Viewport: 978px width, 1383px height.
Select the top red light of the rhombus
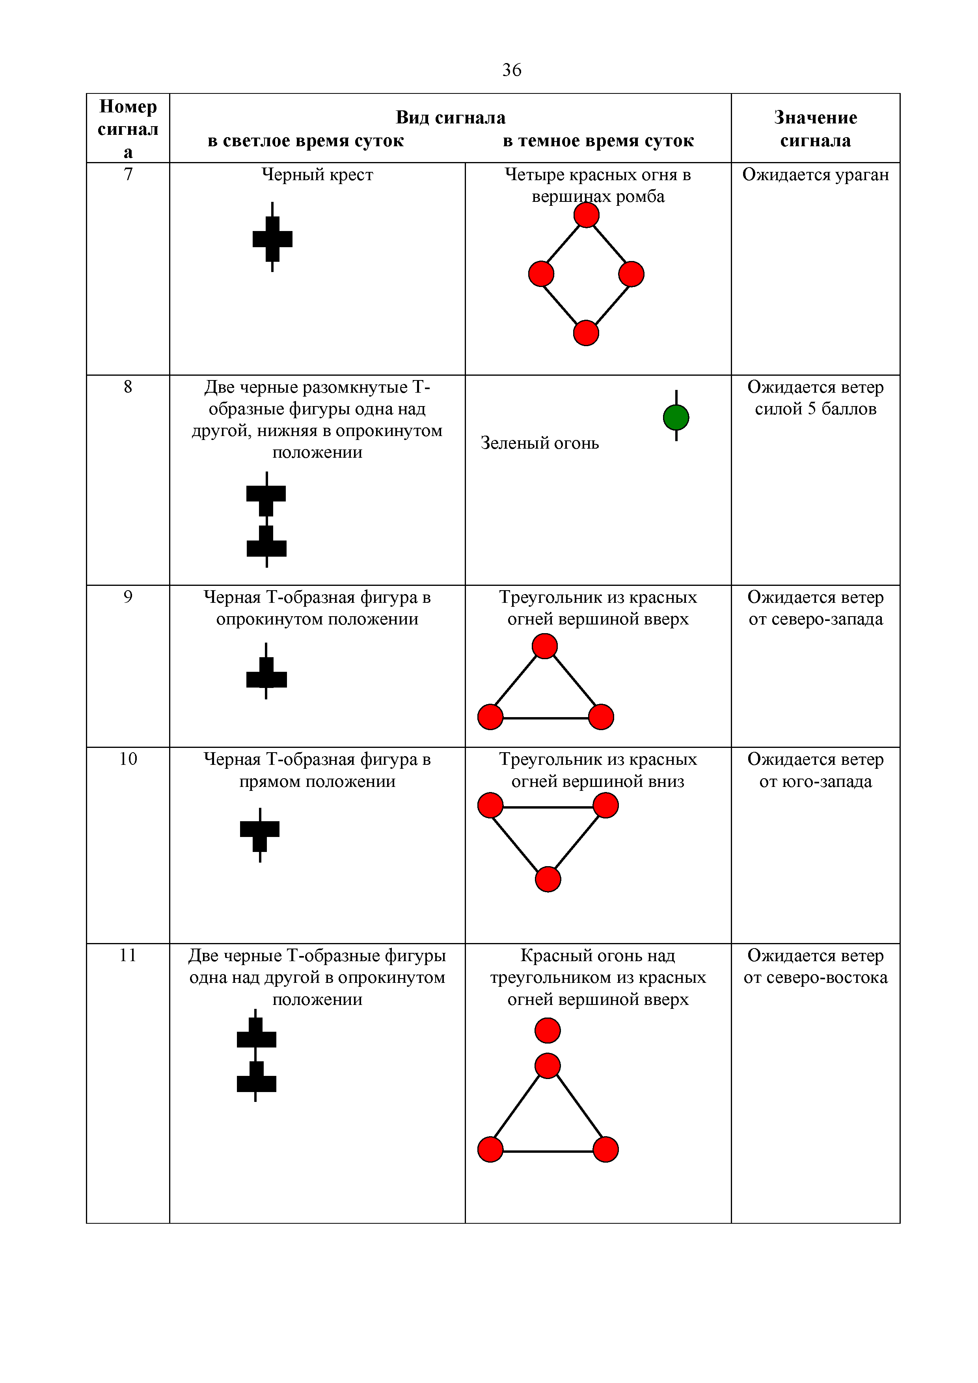pyautogui.click(x=586, y=215)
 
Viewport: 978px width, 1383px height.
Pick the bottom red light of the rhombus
pyautogui.click(x=586, y=333)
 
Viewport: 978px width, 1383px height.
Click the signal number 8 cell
pyautogui.click(x=128, y=387)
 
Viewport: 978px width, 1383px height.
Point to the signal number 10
pyautogui.click(x=128, y=759)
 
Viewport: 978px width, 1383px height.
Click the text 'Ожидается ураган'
pyautogui.click(x=816, y=175)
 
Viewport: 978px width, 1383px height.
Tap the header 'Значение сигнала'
pyautogui.click(x=816, y=129)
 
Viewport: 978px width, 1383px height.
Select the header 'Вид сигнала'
pyautogui.click(x=451, y=117)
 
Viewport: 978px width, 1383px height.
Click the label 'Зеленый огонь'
pyautogui.click(x=540, y=444)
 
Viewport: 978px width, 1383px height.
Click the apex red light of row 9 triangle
pyautogui.click(x=544, y=646)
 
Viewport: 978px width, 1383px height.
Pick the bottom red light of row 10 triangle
pyautogui.click(x=548, y=880)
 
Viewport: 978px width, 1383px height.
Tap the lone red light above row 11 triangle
pyautogui.click(x=548, y=1031)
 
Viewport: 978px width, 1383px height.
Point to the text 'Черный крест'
pyautogui.click(x=317, y=175)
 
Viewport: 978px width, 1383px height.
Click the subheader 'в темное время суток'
pyautogui.click(x=598, y=141)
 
